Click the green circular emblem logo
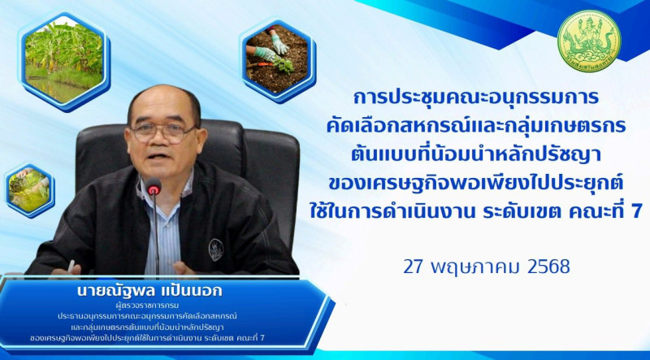pos(588,41)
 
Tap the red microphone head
pos(154,187)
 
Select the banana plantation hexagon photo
pos(64,62)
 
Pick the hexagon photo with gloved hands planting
pos(278,59)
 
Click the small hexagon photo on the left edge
pos(29,190)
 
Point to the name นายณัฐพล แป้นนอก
pos(149,290)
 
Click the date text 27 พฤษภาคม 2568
pos(487,267)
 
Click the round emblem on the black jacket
pos(216,249)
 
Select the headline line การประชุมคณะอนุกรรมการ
pos(476,98)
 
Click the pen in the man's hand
pos(71,266)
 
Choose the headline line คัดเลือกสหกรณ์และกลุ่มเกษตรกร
pos(476,126)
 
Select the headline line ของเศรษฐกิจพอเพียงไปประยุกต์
pos(476,184)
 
